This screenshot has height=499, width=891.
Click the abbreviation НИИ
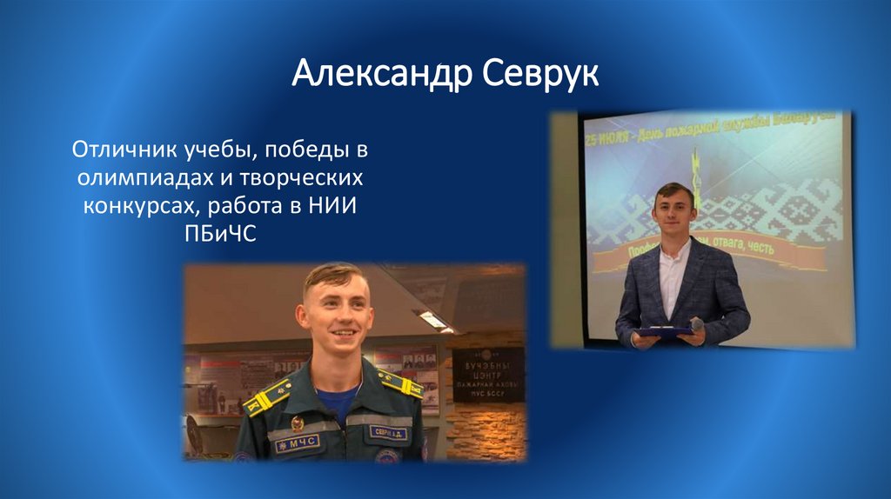[x=335, y=206]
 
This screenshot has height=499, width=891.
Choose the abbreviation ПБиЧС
[x=220, y=234]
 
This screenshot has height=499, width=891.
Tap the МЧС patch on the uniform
[x=297, y=443]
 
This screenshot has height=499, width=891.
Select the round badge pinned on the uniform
[x=298, y=423]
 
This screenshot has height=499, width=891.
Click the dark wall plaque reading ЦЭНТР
[x=488, y=374]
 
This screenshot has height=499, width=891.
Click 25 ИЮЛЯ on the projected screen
[x=608, y=140]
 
